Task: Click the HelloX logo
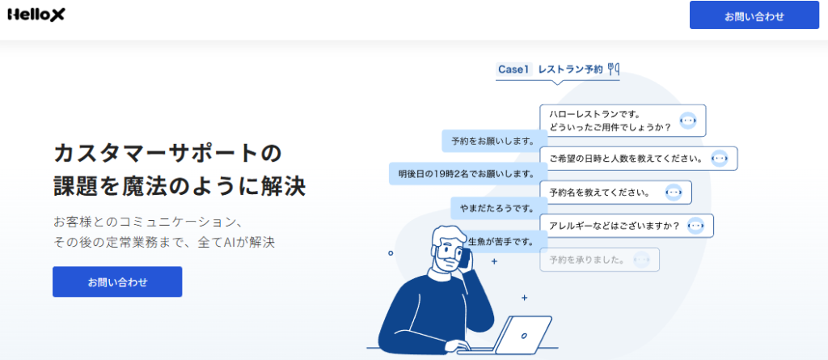[36, 15]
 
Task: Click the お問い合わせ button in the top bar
[754, 15]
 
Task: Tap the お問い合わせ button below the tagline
[117, 282]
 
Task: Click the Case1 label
[513, 70]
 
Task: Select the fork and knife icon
[614, 69]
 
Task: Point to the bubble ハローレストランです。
[623, 121]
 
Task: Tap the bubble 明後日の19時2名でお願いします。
[468, 173]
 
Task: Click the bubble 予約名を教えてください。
[615, 193]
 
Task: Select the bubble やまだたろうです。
[498, 208]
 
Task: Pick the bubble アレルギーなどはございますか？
[627, 226]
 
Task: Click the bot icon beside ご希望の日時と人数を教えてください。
[719, 158]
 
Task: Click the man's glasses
[448, 249]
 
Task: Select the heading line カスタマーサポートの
[168, 154]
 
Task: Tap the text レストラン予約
[570, 70]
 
